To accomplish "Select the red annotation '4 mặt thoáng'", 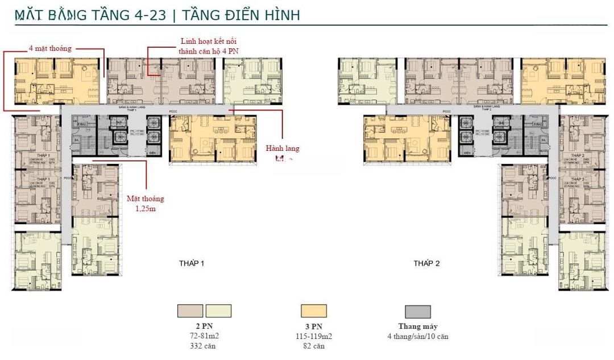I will (x=50, y=48).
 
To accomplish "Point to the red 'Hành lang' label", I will (x=282, y=148).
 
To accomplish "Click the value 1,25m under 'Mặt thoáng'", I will (x=145, y=209).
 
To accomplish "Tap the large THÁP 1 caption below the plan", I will (x=192, y=263).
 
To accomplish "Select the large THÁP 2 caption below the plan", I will (x=426, y=263).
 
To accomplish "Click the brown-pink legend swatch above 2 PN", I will (x=190, y=311).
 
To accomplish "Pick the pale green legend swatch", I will (x=218, y=311).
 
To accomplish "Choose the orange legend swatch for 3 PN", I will (x=314, y=311).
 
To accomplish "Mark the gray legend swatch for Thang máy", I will (x=418, y=311).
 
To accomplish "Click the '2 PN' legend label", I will (x=204, y=326).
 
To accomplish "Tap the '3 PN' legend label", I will (x=314, y=326).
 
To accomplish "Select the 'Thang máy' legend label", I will (x=418, y=326).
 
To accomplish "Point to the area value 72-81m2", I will (x=204, y=336).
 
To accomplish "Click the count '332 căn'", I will (x=204, y=345).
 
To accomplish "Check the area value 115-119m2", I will (x=314, y=336).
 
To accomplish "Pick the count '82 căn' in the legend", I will (x=314, y=345).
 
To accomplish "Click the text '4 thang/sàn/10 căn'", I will (x=418, y=336).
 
